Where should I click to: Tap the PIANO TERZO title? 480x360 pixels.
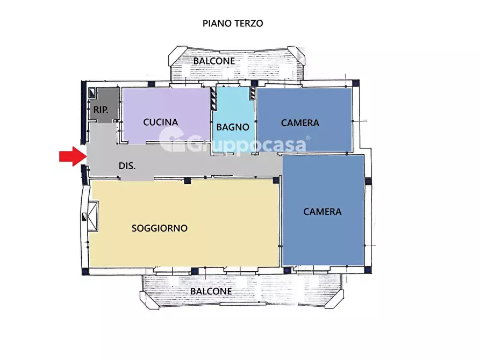tap(233, 24)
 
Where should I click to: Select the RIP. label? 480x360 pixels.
tap(101, 110)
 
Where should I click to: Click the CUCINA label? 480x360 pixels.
tap(160, 122)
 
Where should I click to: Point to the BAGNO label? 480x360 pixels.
tap(233, 127)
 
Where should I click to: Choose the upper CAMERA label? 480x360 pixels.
tap(300, 123)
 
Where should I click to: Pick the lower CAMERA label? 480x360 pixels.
tap(322, 211)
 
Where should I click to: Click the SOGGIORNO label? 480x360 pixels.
tap(160, 228)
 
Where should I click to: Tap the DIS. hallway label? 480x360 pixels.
tap(127, 166)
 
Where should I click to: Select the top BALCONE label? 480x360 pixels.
tap(214, 61)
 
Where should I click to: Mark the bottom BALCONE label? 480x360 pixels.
tap(211, 291)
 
